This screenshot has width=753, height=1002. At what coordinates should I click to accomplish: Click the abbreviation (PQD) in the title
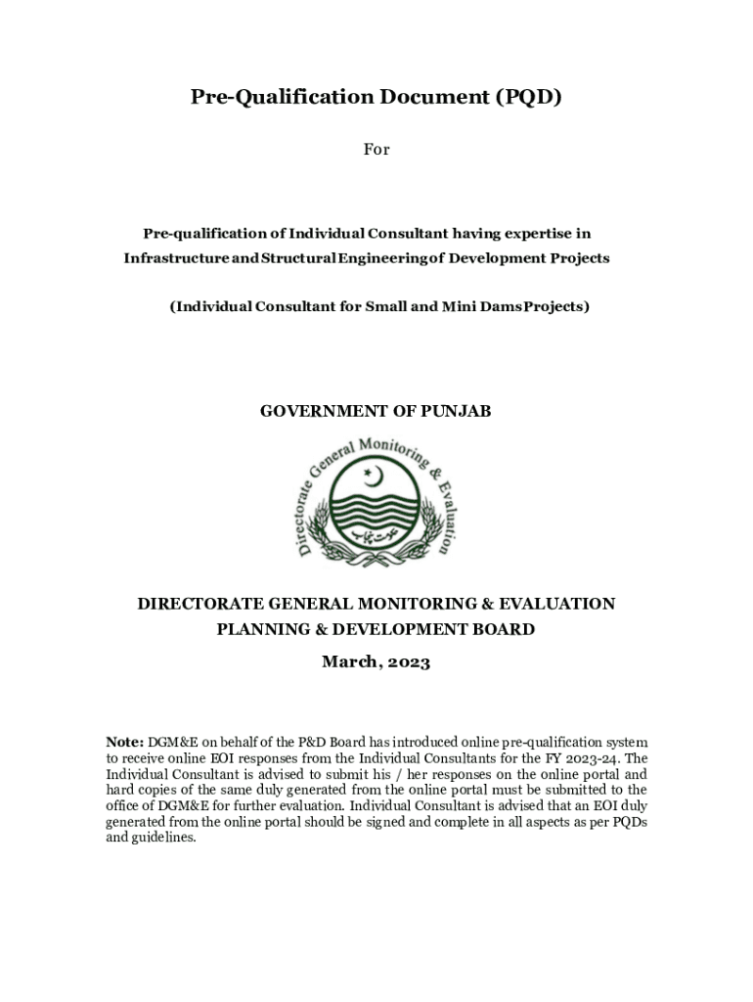pos(528,97)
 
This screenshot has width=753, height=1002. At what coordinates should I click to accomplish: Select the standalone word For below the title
pos(376,150)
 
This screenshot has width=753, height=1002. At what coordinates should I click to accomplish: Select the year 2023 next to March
pos(407,662)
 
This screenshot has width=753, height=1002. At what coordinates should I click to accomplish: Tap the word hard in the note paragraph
pos(120,790)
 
